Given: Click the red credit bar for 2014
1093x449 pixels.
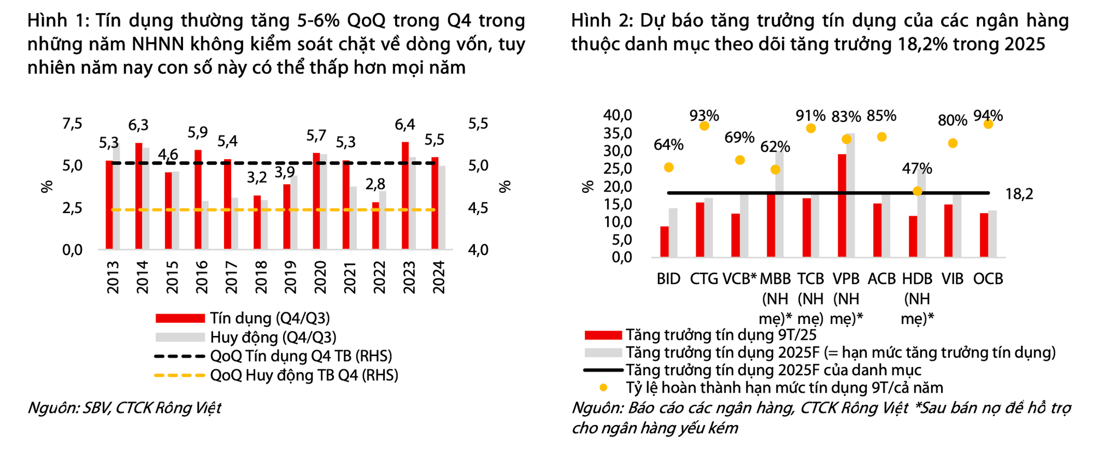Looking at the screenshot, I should [139, 197].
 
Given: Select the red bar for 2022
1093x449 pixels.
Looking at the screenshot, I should [375, 226].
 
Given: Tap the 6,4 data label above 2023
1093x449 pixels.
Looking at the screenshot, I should [405, 125].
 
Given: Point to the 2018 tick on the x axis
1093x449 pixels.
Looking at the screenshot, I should [261, 277].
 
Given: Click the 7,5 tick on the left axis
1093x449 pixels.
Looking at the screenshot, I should [72, 124].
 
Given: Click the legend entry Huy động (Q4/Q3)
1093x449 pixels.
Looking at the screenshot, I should [273, 337].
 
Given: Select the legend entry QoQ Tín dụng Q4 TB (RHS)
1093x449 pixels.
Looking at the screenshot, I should [301, 356].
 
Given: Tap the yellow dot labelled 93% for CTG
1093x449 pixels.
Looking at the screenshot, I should [704, 126].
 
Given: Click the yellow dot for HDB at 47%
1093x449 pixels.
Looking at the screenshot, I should [918, 191].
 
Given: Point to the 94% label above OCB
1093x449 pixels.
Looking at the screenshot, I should [988, 116].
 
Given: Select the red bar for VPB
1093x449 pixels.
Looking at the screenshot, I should [842, 205].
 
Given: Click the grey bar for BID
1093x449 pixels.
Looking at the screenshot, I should [673, 232].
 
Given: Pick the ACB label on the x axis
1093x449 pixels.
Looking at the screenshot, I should [882, 279].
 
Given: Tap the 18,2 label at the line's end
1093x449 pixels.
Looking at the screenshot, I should [1019, 194].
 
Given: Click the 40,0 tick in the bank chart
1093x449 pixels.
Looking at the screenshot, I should [618, 115].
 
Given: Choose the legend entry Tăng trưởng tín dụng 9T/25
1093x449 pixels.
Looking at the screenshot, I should [721, 335].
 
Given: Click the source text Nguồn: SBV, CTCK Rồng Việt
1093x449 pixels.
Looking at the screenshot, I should [125, 408].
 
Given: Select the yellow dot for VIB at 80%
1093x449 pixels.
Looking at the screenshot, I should [953, 143].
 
